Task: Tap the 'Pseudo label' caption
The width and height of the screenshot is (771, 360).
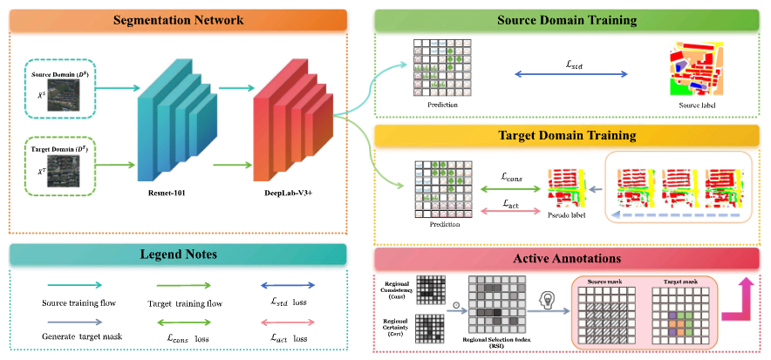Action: [x=566, y=214]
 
